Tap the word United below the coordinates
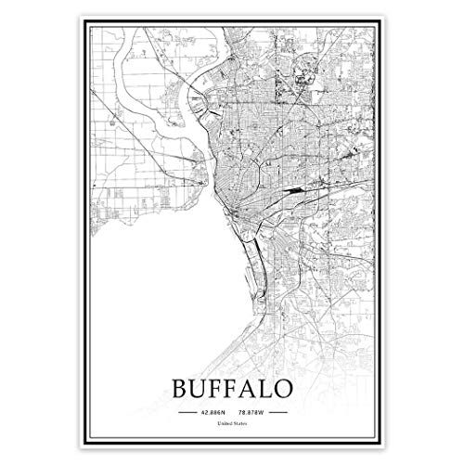pyautogui.click(x=224, y=425)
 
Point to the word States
pyautogui.click(x=240, y=425)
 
